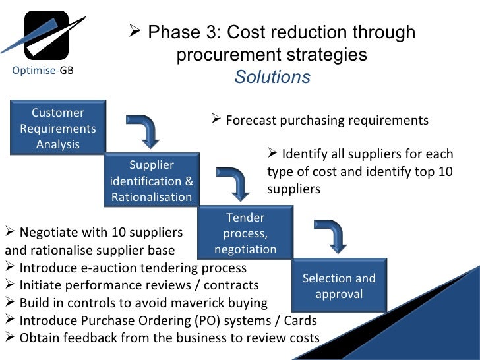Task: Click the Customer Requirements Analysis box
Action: (x=57, y=128)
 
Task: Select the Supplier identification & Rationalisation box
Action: (x=152, y=181)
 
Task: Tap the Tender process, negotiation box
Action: (x=245, y=233)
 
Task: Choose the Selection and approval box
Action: (x=339, y=285)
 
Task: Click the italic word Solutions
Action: (x=272, y=77)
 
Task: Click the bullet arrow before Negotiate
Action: (x=9, y=232)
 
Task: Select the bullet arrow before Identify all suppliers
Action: (x=272, y=154)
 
